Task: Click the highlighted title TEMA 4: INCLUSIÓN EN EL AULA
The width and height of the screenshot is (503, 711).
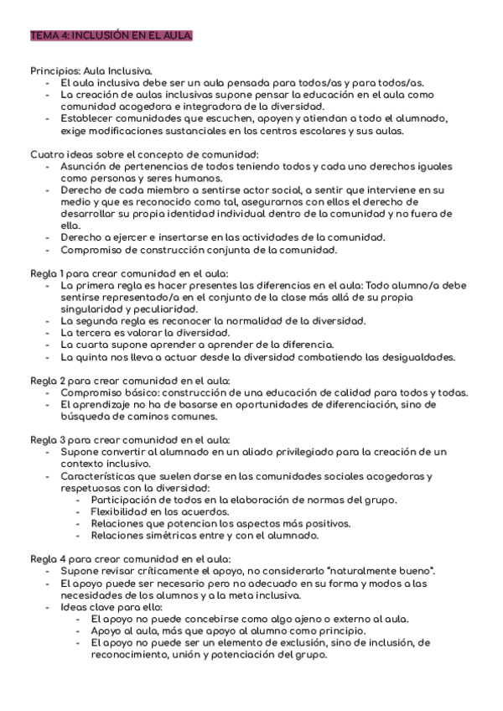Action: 111,35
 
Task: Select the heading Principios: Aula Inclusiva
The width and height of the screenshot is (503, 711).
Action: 91,70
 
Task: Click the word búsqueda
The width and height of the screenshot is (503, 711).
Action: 86,417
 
